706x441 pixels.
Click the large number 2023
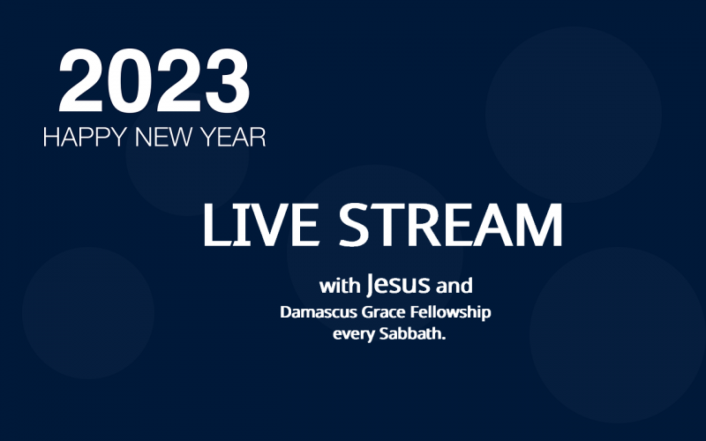coord(154,80)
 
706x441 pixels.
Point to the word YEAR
coord(233,137)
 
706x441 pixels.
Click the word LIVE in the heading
coord(261,225)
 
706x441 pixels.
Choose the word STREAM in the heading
coord(450,225)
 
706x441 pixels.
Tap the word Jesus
coord(398,284)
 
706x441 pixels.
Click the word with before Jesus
coord(340,286)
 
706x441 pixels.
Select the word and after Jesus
coord(454,286)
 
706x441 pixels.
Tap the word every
coord(354,335)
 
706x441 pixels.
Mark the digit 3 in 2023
coord(228,80)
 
